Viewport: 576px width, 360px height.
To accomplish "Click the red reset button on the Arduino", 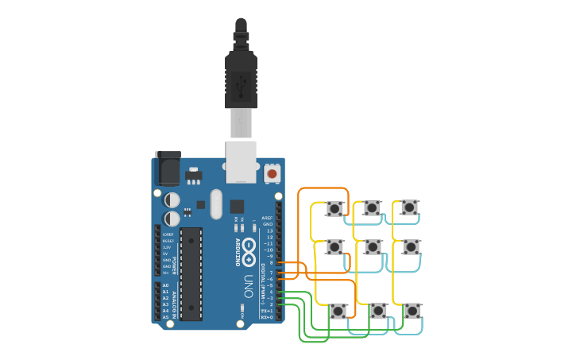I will (273, 173).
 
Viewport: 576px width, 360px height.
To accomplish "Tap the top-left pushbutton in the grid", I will (334, 209).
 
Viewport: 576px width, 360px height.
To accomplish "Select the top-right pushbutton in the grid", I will (409, 207).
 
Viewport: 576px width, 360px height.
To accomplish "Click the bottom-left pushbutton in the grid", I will (338, 311).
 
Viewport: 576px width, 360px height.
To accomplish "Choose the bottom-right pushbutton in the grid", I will (412, 310).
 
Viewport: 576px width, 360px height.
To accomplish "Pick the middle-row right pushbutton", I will (411, 247).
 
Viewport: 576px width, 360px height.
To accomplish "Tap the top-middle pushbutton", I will (372, 208).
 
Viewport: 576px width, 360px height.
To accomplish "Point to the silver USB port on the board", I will (241, 161).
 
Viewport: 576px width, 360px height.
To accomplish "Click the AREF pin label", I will (267, 218).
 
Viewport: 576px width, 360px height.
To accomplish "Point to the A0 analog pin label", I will (165, 285).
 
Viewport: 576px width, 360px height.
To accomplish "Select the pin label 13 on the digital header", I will (269, 231).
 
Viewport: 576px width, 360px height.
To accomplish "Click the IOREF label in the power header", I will (168, 235).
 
